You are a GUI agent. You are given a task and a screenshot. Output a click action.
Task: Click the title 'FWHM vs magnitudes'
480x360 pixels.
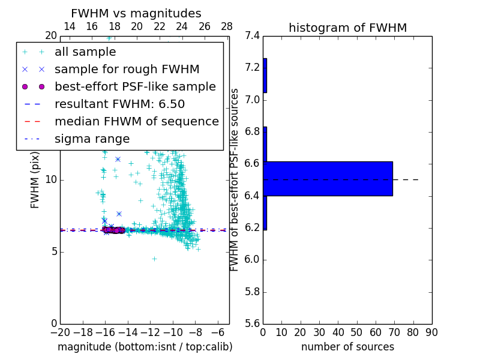(136, 14)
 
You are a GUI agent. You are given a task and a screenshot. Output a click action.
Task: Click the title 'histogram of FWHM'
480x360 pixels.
(347, 28)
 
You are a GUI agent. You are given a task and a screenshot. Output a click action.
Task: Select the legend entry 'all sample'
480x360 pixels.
(85, 52)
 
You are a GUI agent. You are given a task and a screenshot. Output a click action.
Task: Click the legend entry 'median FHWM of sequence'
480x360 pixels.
(136, 122)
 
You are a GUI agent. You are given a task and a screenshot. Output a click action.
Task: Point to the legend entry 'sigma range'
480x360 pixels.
(92, 139)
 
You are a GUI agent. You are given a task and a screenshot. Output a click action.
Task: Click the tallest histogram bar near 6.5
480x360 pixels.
(328, 178)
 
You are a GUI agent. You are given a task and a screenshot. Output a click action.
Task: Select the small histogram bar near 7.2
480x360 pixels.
(265, 75)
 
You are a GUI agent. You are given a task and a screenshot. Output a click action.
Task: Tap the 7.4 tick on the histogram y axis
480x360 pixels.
(252, 36)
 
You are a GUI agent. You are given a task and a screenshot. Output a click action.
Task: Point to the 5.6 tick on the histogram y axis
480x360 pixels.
(252, 324)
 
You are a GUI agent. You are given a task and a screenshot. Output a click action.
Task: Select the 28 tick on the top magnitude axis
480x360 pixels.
(227, 26)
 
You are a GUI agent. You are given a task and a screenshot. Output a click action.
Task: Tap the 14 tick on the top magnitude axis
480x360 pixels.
(69, 26)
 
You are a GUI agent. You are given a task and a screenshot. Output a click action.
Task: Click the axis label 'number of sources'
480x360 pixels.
(347, 347)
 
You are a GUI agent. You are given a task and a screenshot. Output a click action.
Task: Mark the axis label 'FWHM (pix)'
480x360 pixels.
(35, 179)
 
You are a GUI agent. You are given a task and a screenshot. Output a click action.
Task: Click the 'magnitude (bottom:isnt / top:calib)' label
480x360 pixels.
(145, 347)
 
